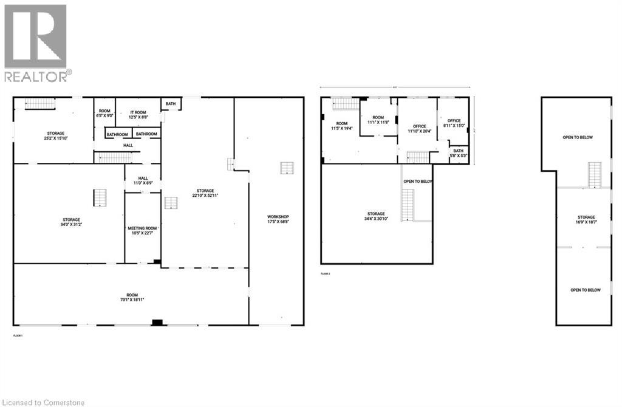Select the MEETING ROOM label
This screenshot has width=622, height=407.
[142, 231]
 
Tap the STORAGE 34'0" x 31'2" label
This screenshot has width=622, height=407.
[70, 222]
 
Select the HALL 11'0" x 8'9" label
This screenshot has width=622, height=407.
[143, 180]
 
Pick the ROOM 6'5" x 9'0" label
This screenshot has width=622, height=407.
[104, 114]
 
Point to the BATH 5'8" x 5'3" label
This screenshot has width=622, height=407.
[458, 153]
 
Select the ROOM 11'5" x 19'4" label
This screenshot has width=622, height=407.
[342, 126]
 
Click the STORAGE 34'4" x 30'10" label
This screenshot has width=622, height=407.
[376, 216]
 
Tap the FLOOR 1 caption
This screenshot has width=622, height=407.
[18, 336]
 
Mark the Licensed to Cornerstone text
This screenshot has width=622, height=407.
[44, 402]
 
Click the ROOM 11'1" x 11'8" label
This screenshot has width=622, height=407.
[378, 120]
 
